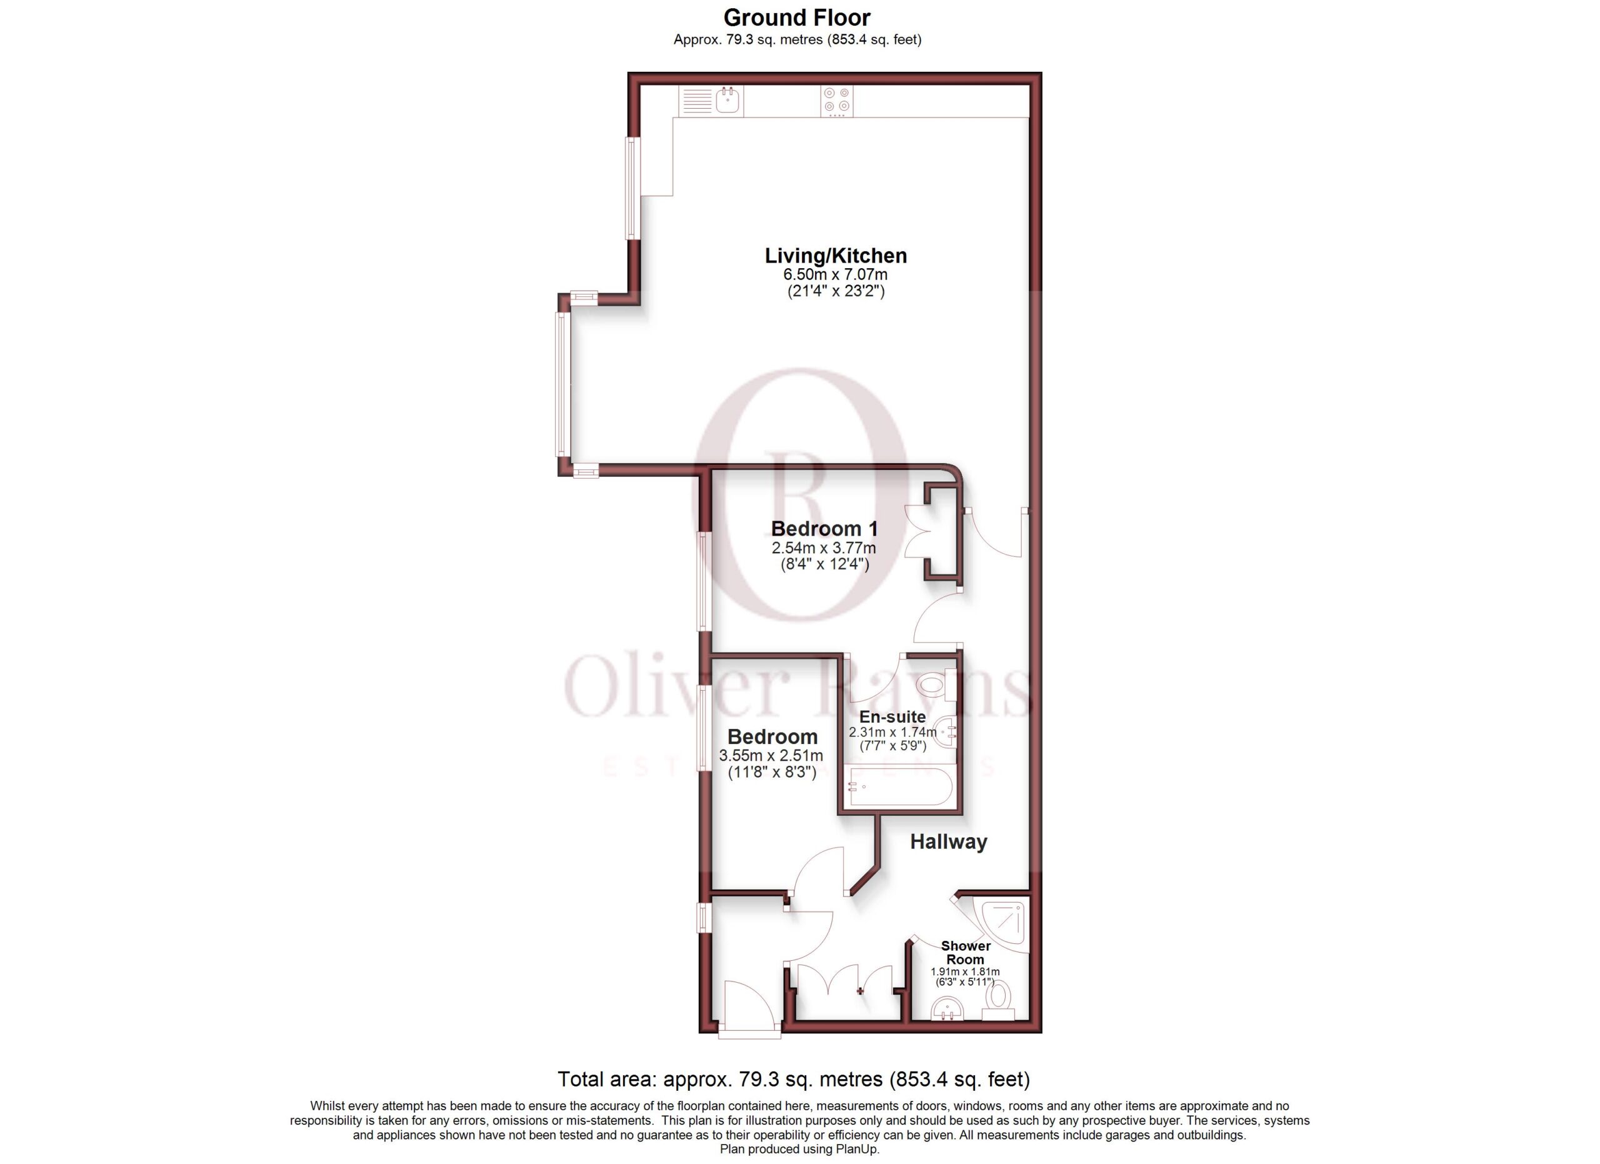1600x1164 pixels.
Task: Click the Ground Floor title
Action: [796, 18]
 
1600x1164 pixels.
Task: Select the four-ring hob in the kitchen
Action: [837, 101]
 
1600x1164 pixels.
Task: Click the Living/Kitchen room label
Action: [836, 256]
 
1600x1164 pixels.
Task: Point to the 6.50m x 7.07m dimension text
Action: [836, 274]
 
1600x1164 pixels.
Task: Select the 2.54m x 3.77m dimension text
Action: [824, 548]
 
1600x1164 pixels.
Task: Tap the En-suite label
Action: [892, 717]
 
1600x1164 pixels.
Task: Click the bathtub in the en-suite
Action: [901, 786]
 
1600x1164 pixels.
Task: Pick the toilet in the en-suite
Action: [939, 685]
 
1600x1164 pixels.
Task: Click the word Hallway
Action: [948, 841]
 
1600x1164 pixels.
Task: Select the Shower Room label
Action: [966, 952]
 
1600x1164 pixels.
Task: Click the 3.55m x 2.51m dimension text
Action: [771, 756]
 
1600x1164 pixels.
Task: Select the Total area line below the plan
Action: [794, 1080]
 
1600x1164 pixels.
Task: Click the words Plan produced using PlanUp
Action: [799, 1149]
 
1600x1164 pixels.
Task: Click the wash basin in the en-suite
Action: [946, 732]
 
